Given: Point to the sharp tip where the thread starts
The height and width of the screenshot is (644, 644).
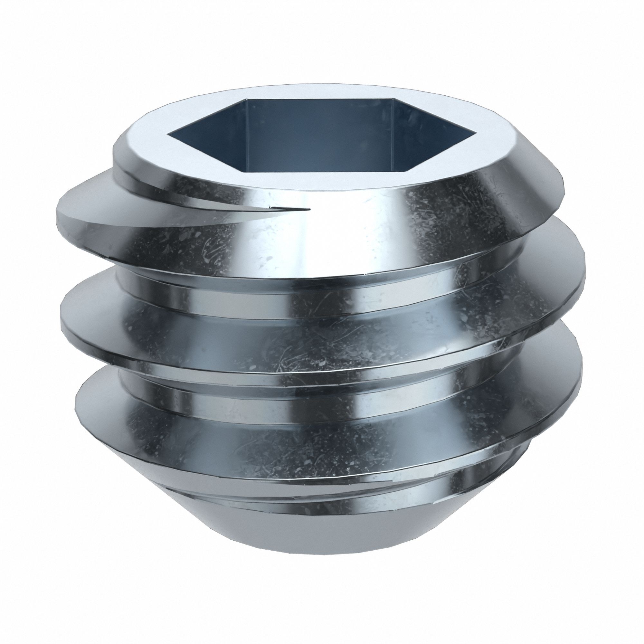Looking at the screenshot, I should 309,209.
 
